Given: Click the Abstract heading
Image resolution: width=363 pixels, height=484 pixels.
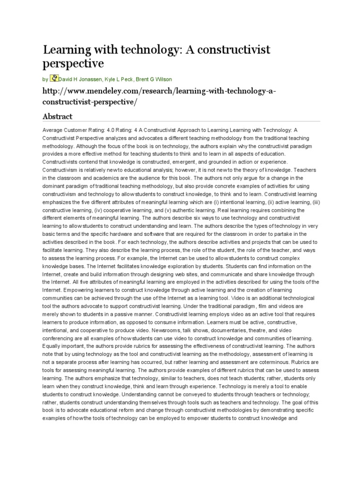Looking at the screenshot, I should pyautogui.click(x=57, y=116).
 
